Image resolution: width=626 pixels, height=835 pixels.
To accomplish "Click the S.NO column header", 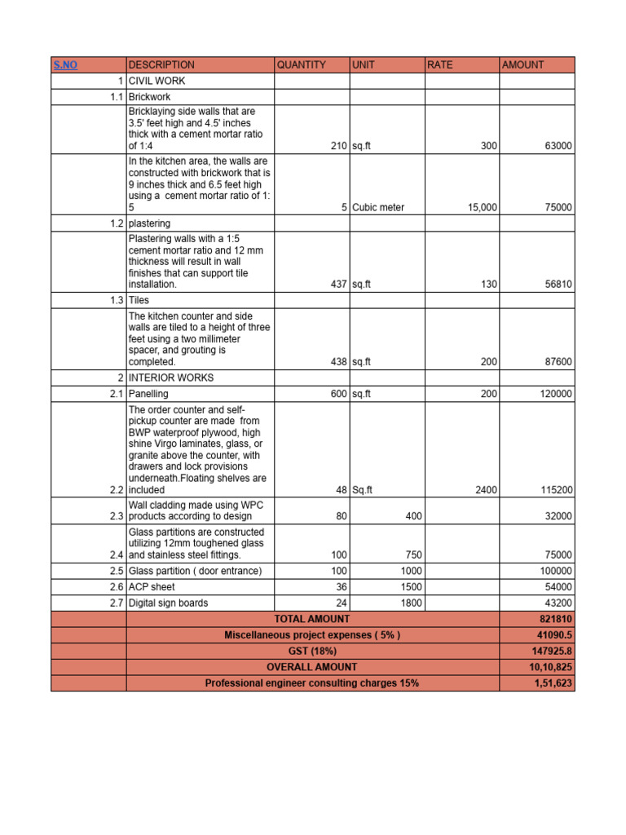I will (x=65, y=64).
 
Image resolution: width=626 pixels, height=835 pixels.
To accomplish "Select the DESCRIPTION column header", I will (x=161, y=64).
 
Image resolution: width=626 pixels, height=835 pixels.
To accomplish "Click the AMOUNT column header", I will (x=522, y=64).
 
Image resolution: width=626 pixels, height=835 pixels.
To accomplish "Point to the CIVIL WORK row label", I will (x=156, y=81).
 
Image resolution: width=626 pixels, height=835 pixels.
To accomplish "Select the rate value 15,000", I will (x=482, y=207).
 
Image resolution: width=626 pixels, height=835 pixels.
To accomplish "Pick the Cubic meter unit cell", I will (x=378, y=207).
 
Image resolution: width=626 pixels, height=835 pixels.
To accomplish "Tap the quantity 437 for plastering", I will (x=338, y=285).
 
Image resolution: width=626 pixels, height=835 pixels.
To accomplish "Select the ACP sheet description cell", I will (x=152, y=587).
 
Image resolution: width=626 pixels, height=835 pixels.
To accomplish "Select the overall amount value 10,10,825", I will (x=550, y=667).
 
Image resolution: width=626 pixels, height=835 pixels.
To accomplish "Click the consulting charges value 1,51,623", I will (x=552, y=683).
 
